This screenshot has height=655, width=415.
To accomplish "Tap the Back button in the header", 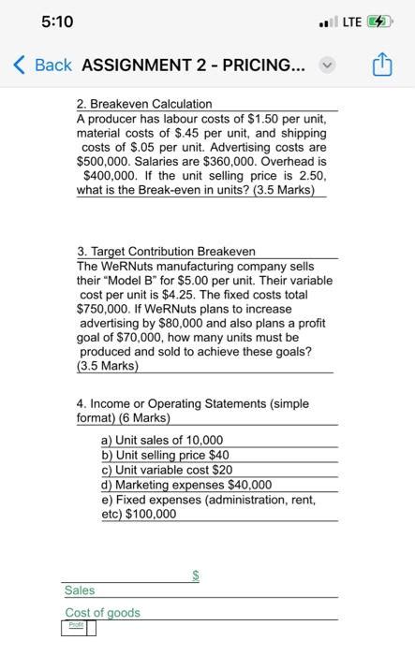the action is (44, 65).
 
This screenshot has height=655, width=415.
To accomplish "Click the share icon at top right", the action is (382, 65).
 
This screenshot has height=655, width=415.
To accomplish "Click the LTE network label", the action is (350, 22).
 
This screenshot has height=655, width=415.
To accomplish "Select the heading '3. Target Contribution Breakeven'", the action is (166, 252).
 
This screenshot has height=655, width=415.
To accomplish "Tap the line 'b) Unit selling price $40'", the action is (165, 455).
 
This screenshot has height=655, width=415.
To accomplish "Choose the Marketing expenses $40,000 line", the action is (186, 485).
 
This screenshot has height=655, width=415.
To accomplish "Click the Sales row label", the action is (80, 590).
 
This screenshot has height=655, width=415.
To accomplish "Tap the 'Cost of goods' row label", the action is (102, 613).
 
